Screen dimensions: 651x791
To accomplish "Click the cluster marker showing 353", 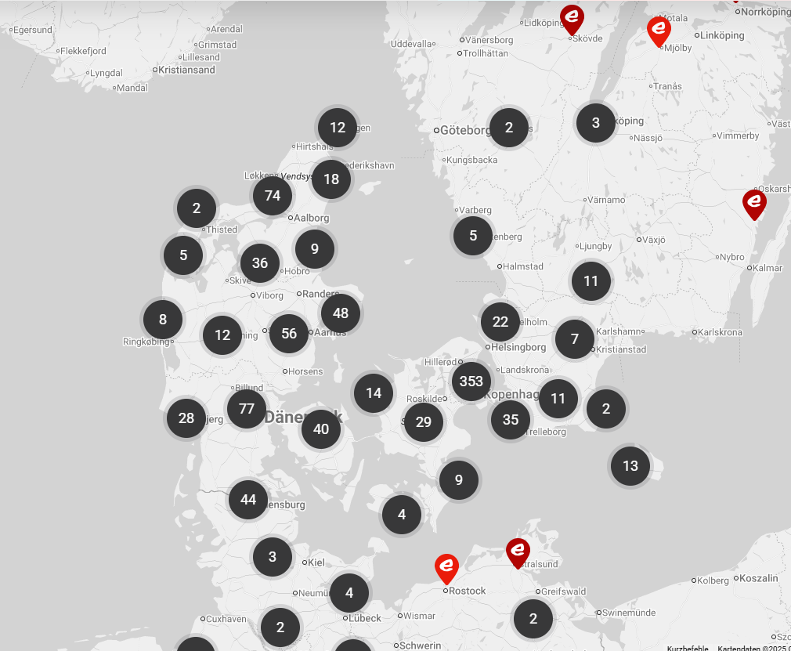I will (471, 382).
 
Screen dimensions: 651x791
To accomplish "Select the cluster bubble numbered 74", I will (273, 196).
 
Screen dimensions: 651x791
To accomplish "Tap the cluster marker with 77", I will (247, 409).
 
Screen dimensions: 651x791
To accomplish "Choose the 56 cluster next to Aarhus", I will (289, 334).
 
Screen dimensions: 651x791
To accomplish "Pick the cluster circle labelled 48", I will (341, 313).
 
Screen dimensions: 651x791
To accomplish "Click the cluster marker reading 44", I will (248, 500).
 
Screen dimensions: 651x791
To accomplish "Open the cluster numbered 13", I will (630, 466).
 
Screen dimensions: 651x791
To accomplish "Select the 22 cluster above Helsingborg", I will (500, 321).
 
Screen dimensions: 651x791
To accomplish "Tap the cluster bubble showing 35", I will (511, 420).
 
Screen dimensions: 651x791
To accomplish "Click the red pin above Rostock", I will (446, 567).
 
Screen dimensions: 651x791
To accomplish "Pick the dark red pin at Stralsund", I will (518, 552).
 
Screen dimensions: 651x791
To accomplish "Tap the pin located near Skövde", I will (572, 18).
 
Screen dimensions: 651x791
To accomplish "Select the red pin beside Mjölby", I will (659, 31).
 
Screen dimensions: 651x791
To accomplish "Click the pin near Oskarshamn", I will (754, 203).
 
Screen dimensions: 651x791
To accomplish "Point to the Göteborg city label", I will (465, 130).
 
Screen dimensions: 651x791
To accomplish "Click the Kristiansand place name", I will (186, 70).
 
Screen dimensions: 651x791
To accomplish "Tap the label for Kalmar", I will (768, 268).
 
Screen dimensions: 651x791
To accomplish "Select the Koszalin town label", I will (759, 578).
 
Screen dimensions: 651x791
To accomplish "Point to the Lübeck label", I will (365, 618).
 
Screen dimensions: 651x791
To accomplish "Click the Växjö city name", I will (654, 240).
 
